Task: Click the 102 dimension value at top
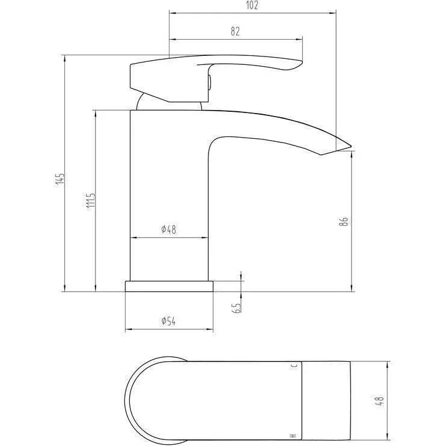(x=252, y=5)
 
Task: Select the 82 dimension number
(x=235, y=31)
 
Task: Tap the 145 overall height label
(x=60, y=179)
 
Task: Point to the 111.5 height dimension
(x=91, y=202)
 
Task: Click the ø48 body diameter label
(x=169, y=229)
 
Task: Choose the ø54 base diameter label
(x=169, y=321)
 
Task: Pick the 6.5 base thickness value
(x=237, y=308)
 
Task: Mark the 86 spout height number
(x=344, y=221)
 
